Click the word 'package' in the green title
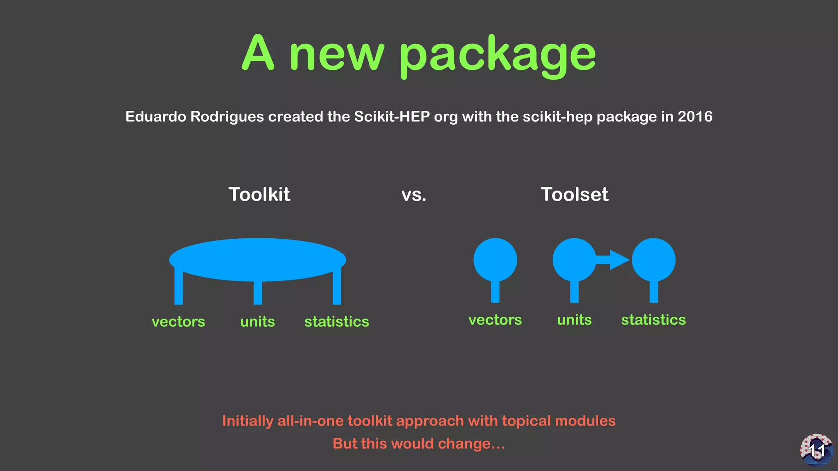[x=498, y=55]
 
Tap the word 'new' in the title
[x=336, y=55]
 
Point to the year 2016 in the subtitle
[x=695, y=117]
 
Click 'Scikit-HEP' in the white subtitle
[x=392, y=117]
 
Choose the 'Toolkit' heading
[x=259, y=194]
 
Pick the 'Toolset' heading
[x=574, y=194]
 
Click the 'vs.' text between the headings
[x=414, y=195]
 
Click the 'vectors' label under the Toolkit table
[x=178, y=322]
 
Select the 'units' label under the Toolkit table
[x=257, y=322]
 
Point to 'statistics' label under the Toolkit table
[x=336, y=322]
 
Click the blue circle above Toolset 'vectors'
[x=495, y=260]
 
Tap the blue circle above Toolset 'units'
[x=574, y=260]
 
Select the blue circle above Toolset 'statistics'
[x=653, y=260]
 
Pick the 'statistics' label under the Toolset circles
[x=653, y=320]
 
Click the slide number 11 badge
[x=817, y=450]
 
